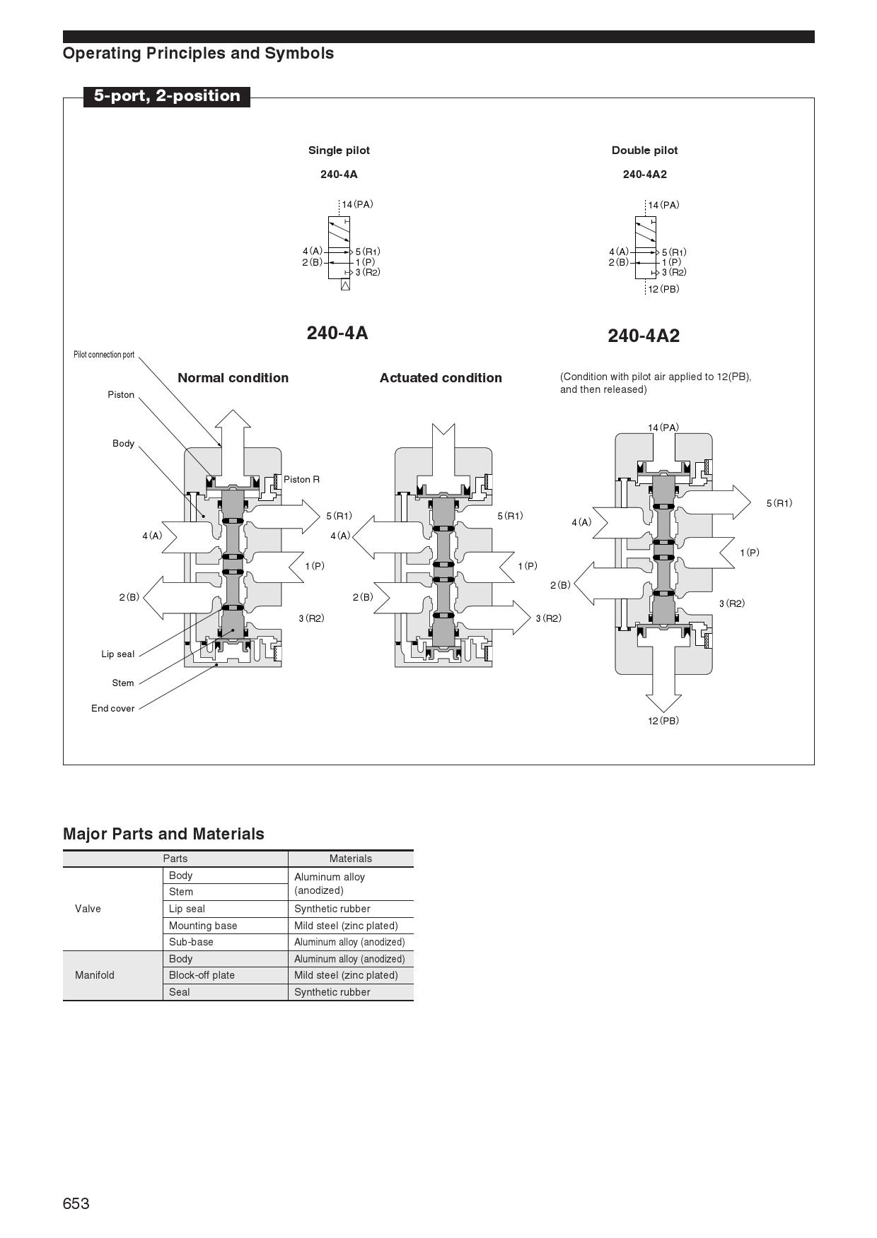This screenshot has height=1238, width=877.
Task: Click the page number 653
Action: (x=76, y=1203)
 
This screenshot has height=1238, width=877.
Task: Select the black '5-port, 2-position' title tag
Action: (x=167, y=96)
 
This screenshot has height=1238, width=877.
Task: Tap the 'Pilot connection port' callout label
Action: (x=104, y=355)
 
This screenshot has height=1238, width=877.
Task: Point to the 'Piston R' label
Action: (x=301, y=480)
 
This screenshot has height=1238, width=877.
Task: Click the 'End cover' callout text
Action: (x=112, y=709)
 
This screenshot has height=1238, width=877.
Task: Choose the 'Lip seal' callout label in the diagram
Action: (x=117, y=654)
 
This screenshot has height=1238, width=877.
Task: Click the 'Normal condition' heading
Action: (x=233, y=378)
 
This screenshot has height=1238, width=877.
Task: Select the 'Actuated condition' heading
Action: (x=441, y=378)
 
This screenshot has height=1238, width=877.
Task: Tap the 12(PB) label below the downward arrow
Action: (x=663, y=721)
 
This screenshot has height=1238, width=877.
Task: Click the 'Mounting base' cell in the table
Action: (x=203, y=926)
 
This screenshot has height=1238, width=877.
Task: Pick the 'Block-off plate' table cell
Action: (x=202, y=975)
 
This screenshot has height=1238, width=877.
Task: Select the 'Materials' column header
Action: (x=350, y=859)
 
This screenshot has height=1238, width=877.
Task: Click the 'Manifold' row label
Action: (x=95, y=975)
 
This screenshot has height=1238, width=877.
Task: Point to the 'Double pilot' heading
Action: (x=644, y=151)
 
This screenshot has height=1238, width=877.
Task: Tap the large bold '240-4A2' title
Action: (x=644, y=336)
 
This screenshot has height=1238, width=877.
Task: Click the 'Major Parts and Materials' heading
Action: (x=163, y=834)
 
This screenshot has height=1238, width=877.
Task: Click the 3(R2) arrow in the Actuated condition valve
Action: (x=495, y=618)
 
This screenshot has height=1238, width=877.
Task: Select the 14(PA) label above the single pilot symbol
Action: (x=357, y=205)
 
